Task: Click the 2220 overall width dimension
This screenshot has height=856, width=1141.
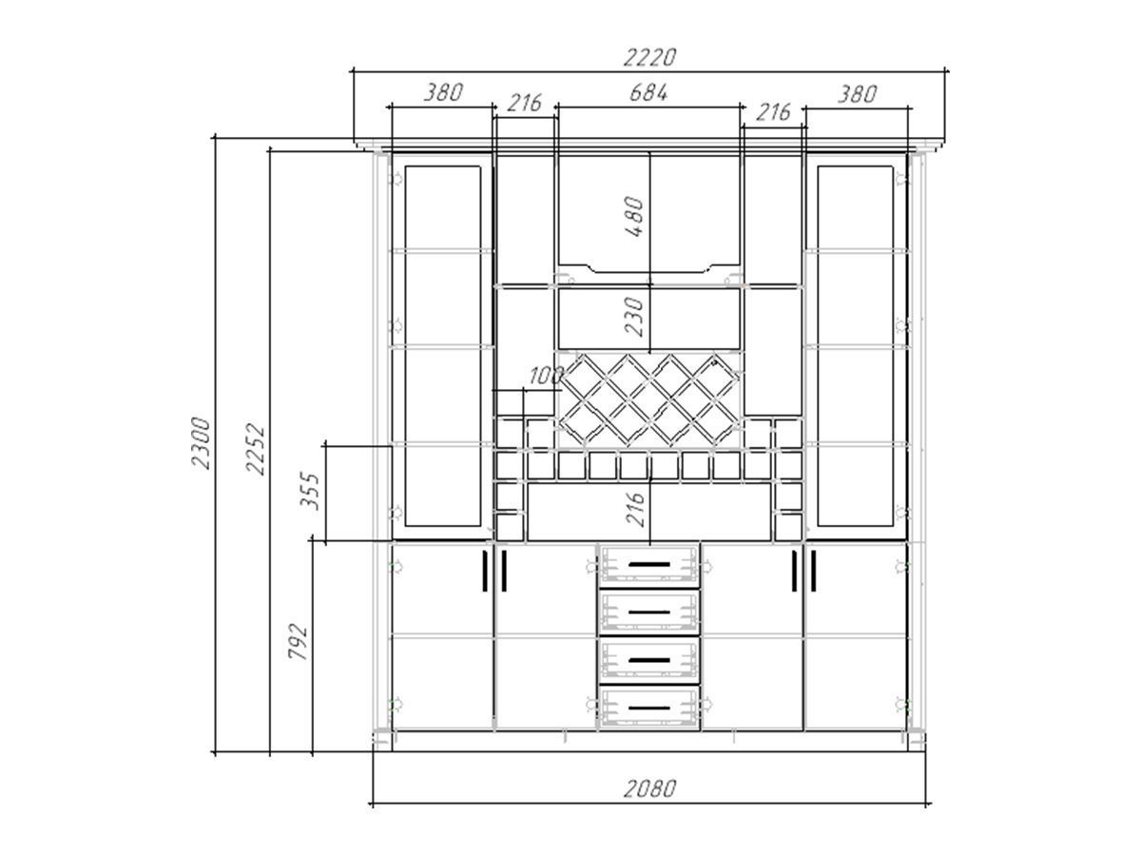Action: click(x=649, y=57)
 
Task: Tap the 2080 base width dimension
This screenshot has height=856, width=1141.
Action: click(x=649, y=788)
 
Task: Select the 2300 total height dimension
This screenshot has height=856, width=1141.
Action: click(x=202, y=443)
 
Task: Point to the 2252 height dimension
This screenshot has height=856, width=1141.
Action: click(x=255, y=450)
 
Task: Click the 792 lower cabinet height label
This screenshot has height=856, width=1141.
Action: click(x=298, y=641)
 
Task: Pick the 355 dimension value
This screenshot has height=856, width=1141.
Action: click(x=310, y=491)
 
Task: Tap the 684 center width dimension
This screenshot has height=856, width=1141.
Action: click(x=648, y=93)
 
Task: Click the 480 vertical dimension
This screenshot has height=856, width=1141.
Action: click(x=634, y=217)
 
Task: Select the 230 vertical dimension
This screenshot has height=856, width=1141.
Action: click(x=634, y=317)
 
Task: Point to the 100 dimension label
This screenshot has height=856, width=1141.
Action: click(x=546, y=376)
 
